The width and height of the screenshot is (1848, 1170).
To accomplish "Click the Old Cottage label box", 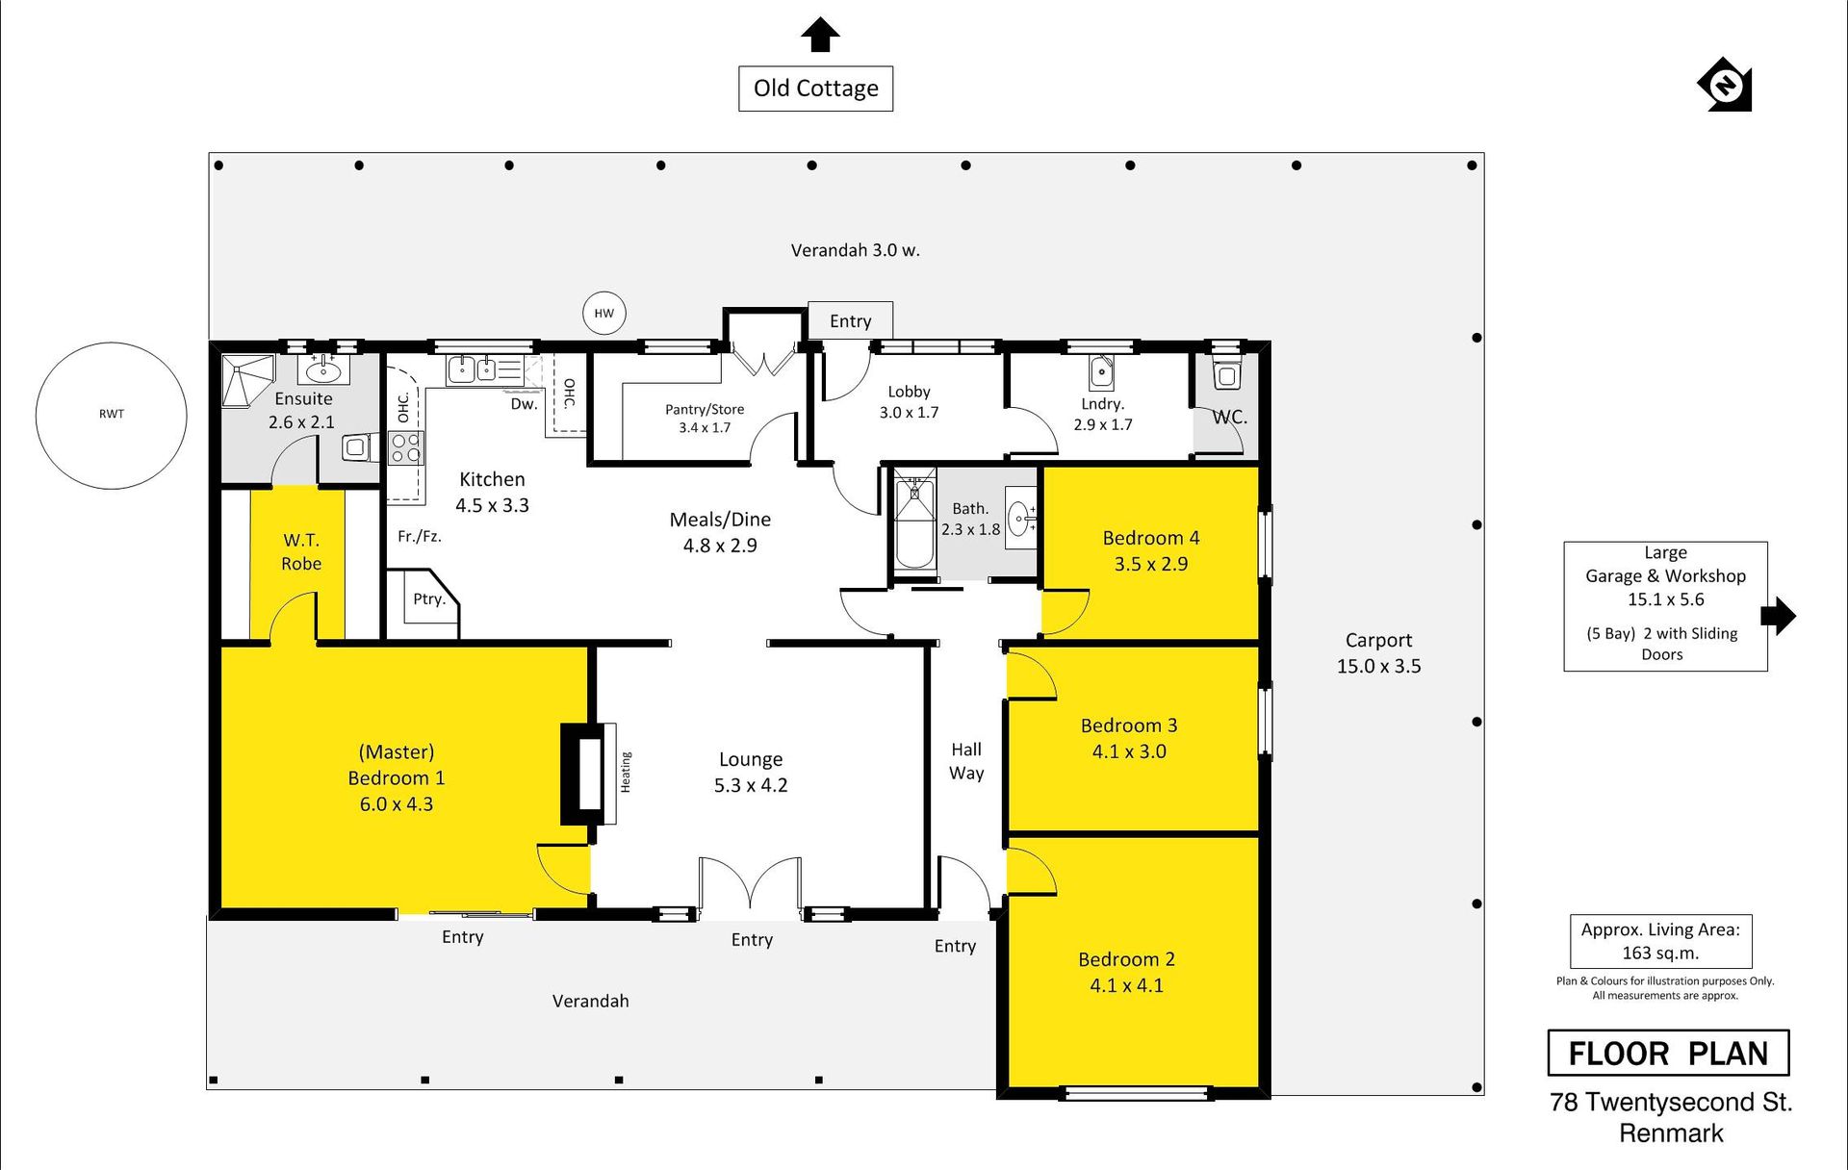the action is click(815, 89).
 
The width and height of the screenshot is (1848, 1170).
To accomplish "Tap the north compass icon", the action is click(1725, 85).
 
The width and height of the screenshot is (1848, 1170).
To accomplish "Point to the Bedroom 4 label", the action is click(1151, 538).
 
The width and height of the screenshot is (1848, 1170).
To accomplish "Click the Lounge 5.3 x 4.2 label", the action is click(751, 773).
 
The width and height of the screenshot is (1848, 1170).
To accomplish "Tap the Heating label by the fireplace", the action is click(626, 773).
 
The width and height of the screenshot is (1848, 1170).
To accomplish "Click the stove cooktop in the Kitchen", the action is click(405, 448).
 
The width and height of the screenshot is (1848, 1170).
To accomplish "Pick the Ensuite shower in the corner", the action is click(248, 380).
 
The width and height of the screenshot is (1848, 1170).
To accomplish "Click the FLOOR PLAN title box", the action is click(1668, 1053).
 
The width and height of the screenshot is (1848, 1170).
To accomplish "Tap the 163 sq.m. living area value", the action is click(1660, 954).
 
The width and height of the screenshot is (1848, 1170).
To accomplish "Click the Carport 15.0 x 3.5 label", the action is click(1378, 652).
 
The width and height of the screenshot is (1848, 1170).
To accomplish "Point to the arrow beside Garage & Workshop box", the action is click(1779, 616).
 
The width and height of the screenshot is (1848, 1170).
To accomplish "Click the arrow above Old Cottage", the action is click(820, 35).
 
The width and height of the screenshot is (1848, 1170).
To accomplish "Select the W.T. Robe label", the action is click(301, 552).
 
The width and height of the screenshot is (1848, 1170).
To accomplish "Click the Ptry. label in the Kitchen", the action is click(429, 599).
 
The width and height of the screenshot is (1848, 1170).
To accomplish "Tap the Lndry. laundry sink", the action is click(1101, 372).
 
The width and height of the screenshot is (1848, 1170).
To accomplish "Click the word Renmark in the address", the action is click(1671, 1133).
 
